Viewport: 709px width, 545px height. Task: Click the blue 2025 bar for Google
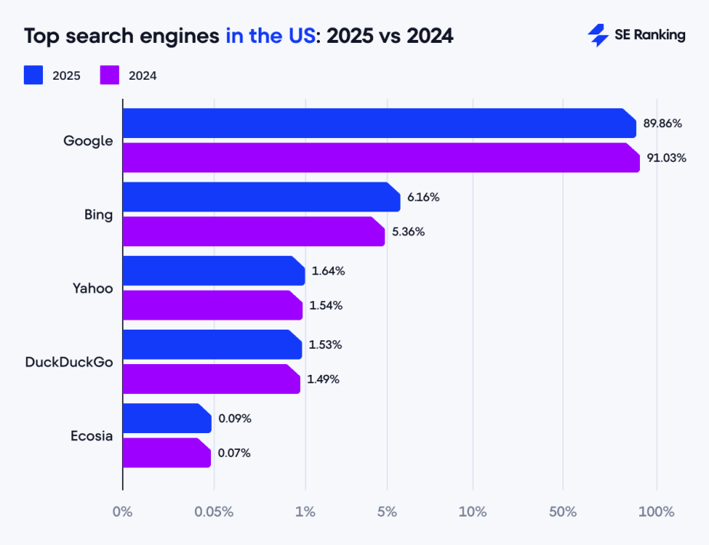tap(379, 123)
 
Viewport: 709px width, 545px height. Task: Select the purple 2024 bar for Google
tap(381, 158)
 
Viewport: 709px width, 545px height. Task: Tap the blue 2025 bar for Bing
tap(261, 197)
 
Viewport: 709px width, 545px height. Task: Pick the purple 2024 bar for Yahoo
tap(213, 305)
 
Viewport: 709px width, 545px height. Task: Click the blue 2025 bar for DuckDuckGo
tap(212, 344)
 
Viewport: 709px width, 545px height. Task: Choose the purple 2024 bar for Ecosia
tap(167, 452)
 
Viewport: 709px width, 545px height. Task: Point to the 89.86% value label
tap(663, 123)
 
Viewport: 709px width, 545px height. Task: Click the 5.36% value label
tap(408, 231)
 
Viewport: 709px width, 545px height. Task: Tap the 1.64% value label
tap(328, 271)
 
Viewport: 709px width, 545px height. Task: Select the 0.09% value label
tap(235, 419)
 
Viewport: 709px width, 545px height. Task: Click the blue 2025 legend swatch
tap(33, 75)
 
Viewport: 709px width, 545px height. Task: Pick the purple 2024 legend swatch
tap(110, 75)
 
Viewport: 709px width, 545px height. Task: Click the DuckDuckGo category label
tap(69, 362)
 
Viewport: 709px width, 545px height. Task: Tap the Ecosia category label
tap(92, 436)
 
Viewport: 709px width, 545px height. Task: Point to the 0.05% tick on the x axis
tap(214, 512)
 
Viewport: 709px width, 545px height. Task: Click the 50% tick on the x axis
tap(563, 512)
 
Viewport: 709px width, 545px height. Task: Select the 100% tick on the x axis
tap(657, 512)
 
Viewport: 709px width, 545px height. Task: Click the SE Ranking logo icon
tap(598, 35)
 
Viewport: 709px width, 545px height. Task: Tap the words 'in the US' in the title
tap(270, 36)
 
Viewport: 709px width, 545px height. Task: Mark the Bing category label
tap(98, 215)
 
